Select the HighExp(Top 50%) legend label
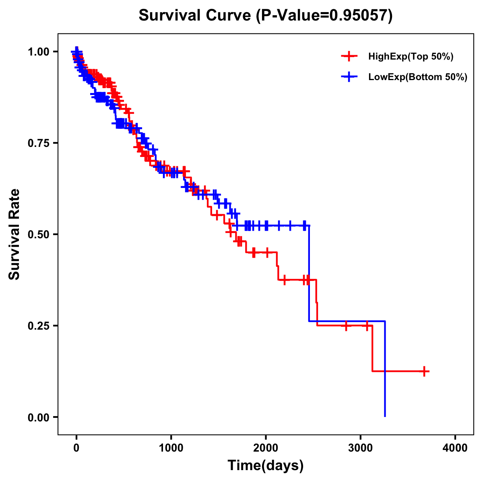click(x=411, y=57)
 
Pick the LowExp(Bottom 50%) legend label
click(x=418, y=77)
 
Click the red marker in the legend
click(x=349, y=56)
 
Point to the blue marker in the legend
click(x=349, y=77)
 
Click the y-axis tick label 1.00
click(x=38, y=52)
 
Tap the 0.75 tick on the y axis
click(x=38, y=143)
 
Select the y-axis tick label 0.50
click(x=38, y=235)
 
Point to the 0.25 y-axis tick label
click(x=38, y=326)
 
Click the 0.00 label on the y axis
click(x=38, y=417)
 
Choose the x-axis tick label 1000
click(x=171, y=448)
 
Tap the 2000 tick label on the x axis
click(x=266, y=448)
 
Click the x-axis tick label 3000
click(x=361, y=448)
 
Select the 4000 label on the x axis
click(x=455, y=448)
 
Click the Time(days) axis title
click(x=266, y=466)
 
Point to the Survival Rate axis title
click(x=14, y=234)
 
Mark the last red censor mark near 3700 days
click(x=424, y=371)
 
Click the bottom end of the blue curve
click(x=385, y=416)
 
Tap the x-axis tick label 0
click(x=76, y=448)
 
